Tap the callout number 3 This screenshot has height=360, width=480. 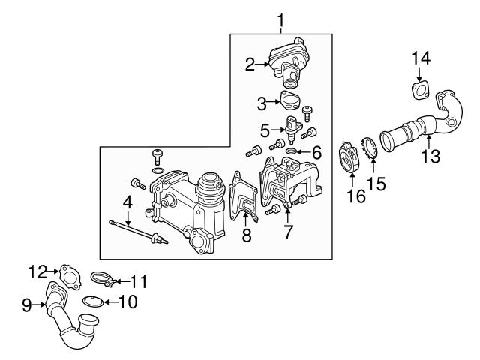(x=262, y=102)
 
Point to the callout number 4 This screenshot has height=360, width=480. (x=128, y=202)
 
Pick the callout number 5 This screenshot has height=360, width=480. (x=264, y=130)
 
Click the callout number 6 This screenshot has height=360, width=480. (x=316, y=153)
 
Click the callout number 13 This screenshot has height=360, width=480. (x=430, y=157)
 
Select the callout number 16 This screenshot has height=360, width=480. (x=352, y=196)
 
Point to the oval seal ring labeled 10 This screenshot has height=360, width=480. (x=93, y=302)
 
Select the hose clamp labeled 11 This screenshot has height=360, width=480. (x=103, y=280)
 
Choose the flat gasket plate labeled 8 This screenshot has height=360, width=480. (x=244, y=199)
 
